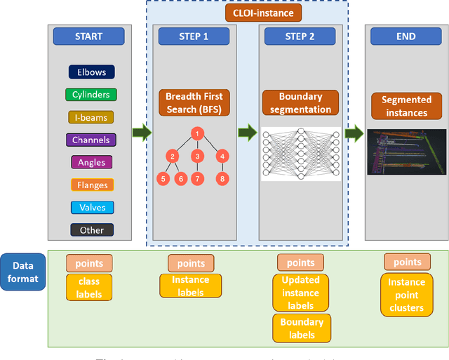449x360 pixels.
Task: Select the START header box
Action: click(x=88, y=36)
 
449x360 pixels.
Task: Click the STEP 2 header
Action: click(x=300, y=36)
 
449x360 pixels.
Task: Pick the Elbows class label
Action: click(x=92, y=72)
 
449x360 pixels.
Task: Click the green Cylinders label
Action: click(x=92, y=94)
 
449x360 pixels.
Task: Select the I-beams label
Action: click(x=92, y=117)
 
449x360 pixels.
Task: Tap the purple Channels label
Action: click(x=92, y=140)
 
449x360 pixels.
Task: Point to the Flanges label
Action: click(x=92, y=185)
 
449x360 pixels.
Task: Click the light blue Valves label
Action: click(x=92, y=208)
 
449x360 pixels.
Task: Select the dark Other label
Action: click(x=92, y=230)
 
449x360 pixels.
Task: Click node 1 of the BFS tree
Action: click(x=198, y=134)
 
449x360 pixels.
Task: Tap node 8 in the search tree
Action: click(x=222, y=179)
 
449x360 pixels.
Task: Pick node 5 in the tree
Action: click(x=163, y=179)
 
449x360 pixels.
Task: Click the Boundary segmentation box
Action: click(x=301, y=103)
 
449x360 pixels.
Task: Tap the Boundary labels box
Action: click(x=302, y=328)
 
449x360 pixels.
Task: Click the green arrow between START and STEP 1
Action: click(x=142, y=131)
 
